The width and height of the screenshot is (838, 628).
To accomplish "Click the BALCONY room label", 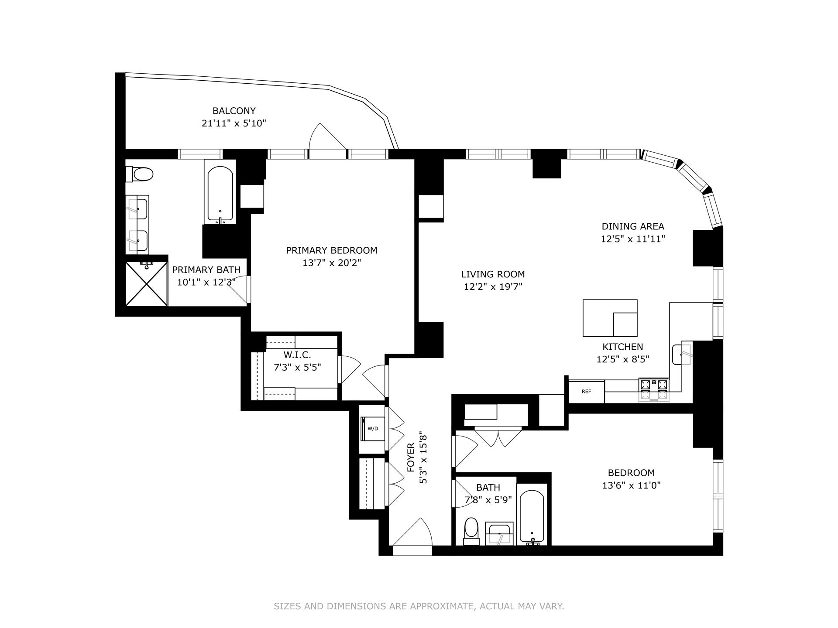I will tap(234, 111).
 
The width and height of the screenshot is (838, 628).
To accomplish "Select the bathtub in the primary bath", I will tap(220, 194).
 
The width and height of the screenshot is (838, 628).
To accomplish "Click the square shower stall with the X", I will tap(146, 284).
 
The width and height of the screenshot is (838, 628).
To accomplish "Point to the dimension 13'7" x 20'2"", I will tap(332, 263).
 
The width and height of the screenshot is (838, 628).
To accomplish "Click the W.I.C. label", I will tap(297, 355).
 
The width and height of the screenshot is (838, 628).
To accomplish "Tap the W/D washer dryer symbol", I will tap(372, 428).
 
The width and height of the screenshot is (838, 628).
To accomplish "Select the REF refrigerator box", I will tap(586, 391).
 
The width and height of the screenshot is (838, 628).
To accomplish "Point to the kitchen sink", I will tap(682, 354).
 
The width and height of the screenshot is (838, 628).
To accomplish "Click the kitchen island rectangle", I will tap(610, 317).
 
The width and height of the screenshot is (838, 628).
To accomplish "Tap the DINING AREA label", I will tap(633, 226).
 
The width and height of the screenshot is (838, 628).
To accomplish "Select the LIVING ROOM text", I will tap(493, 274).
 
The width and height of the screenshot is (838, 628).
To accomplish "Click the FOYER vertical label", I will tap(411, 458).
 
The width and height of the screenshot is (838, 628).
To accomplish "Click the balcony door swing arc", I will tap(325, 137).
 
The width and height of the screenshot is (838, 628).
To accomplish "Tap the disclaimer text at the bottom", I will tap(419, 606).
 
